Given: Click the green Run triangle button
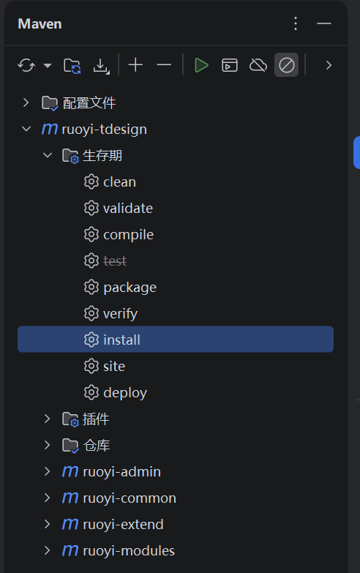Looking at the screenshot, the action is click(201, 65).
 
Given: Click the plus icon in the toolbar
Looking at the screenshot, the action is click(135, 65).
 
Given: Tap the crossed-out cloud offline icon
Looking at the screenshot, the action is click(258, 65).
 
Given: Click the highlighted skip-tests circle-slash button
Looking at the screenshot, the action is click(287, 65).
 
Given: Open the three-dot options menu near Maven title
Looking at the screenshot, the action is click(296, 23).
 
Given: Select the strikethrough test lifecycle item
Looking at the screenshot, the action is click(115, 261).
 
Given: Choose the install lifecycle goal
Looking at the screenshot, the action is click(121, 340).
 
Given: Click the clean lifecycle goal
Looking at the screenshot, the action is click(119, 182).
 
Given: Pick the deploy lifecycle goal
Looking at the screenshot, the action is click(125, 393).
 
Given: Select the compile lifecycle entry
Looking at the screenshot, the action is click(128, 235).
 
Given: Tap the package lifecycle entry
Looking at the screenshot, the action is click(130, 288).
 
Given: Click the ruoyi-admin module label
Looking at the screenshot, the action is click(121, 472).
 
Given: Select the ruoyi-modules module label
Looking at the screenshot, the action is click(129, 551).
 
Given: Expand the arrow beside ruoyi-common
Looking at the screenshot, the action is click(47, 498).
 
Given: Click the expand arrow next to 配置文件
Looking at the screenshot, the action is click(26, 102).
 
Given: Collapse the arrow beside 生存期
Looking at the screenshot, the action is click(48, 155).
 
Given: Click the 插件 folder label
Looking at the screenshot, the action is click(96, 419).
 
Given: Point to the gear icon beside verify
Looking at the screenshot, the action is click(91, 313).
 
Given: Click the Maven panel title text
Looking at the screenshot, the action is click(40, 24).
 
